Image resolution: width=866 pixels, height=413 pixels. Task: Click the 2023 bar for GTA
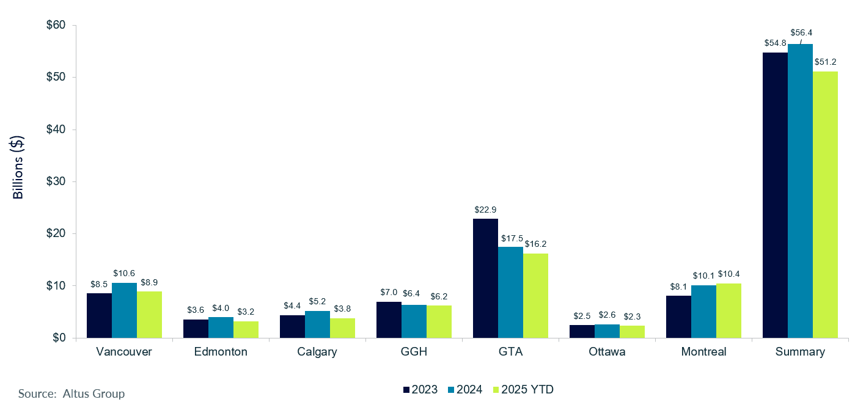(485, 278)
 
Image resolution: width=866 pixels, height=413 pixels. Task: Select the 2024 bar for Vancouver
(124, 310)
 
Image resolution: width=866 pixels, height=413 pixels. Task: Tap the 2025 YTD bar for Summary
(825, 205)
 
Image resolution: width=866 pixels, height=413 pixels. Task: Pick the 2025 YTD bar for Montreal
(728, 310)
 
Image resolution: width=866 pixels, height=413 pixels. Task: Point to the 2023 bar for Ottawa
(582, 331)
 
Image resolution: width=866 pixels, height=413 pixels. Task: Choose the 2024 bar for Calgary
(317, 324)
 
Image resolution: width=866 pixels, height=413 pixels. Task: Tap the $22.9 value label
(485, 209)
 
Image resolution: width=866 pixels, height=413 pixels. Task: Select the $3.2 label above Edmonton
(246, 311)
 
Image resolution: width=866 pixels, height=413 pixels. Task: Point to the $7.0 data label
(389, 292)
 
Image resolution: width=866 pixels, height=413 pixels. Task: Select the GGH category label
(414, 352)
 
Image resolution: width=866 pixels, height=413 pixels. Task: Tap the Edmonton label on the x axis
(221, 352)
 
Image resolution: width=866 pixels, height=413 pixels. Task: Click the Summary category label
(800, 352)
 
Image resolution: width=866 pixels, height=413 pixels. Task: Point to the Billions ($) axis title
(18, 167)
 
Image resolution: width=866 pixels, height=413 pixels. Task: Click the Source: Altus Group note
(72, 394)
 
